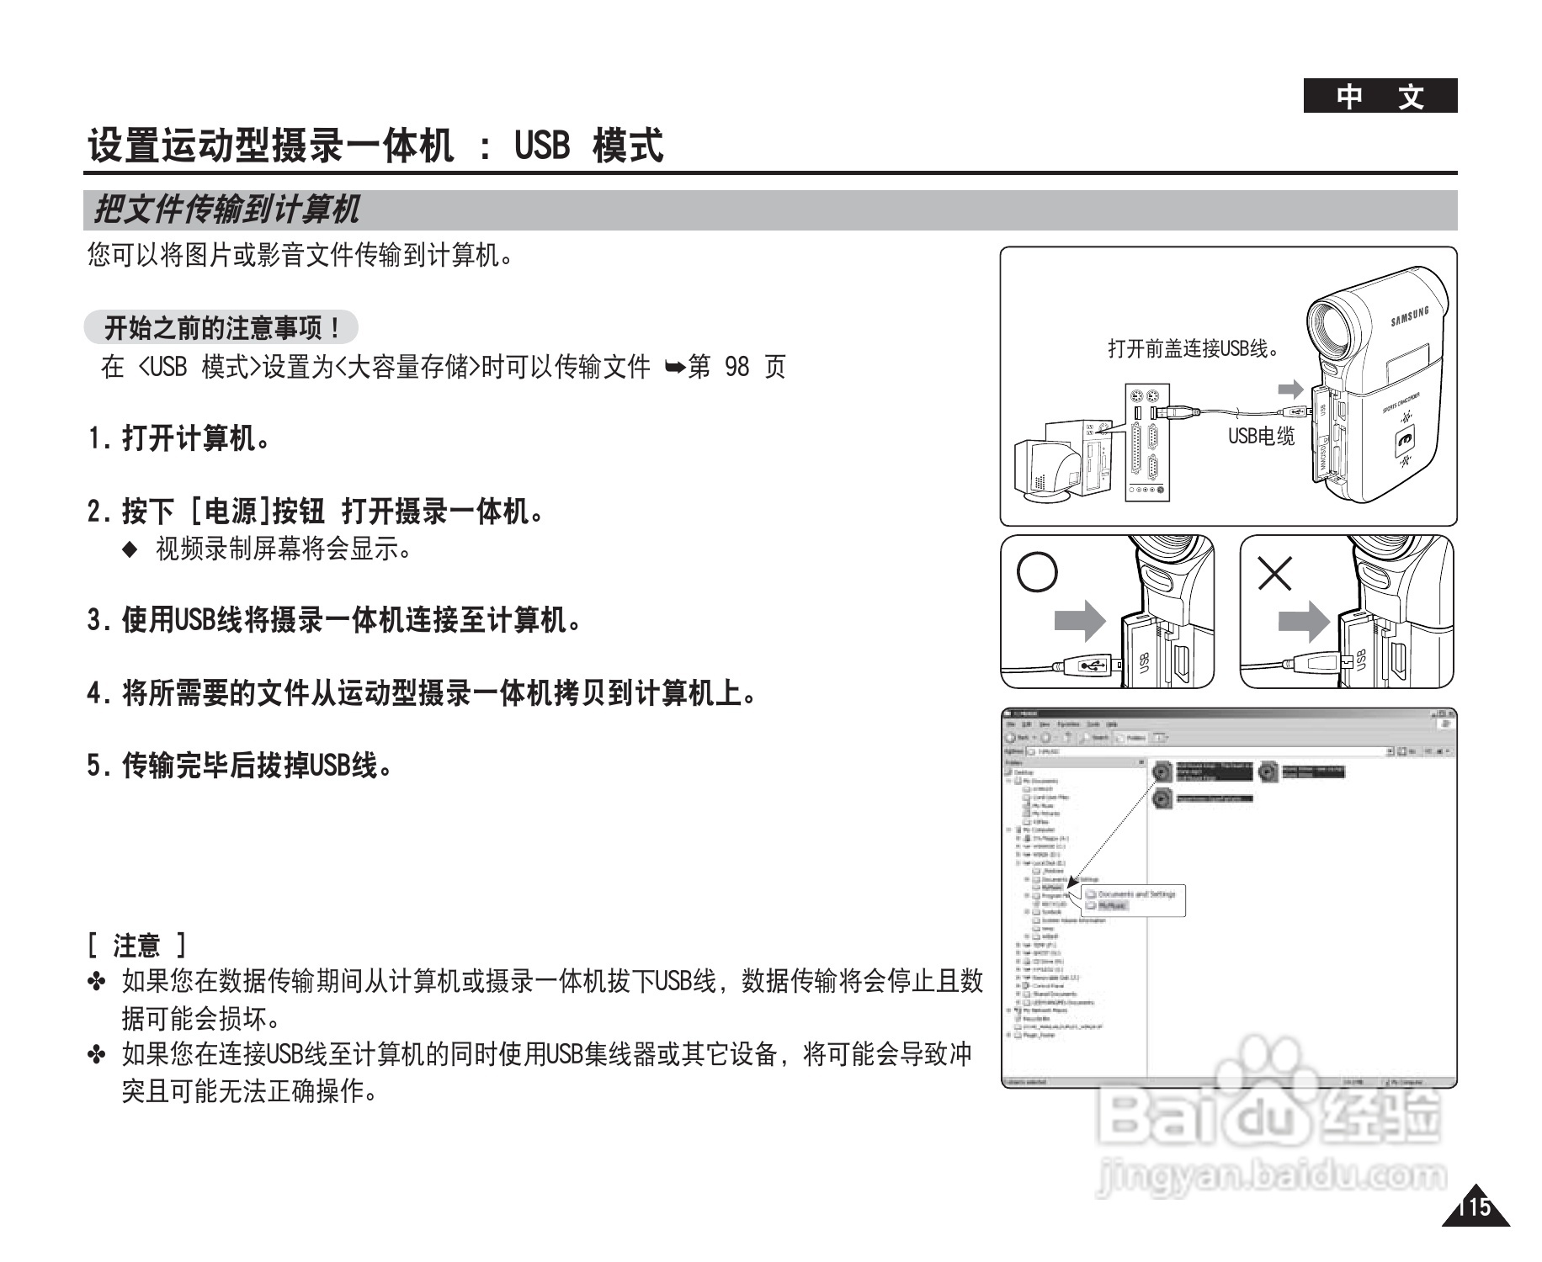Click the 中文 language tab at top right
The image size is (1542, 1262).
tap(1380, 97)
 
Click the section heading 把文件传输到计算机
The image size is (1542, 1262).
tap(226, 209)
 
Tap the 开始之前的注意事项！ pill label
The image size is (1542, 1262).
tap(221, 327)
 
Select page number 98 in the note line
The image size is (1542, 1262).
tap(736, 367)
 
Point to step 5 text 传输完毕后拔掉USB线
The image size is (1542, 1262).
tap(241, 766)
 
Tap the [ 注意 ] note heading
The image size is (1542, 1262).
tap(137, 945)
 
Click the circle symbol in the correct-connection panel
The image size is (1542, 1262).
tap(1037, 572)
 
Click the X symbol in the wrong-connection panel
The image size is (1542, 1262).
tap(1274, 574)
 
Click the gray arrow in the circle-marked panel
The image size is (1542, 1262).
tap(1080, 621)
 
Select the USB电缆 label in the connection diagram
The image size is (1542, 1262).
tap(1260, 436)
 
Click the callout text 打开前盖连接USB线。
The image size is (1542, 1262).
tap(1194, 347)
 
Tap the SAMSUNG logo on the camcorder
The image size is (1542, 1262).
tap(1409, 317)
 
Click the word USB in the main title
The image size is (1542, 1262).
tap(542, 146)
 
